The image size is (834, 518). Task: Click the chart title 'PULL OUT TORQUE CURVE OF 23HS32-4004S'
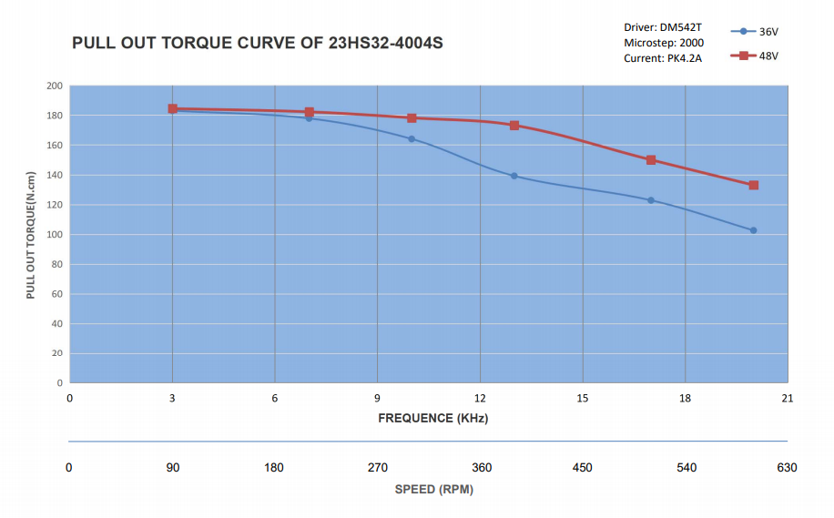pos(257,44)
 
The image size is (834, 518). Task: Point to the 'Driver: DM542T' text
pos(662,27)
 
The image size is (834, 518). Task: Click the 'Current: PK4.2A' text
pos(663,58)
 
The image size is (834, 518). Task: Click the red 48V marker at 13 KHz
pos(514,126)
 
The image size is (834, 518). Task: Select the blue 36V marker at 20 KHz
pos(754,230)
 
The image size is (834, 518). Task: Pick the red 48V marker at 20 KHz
pos(754,186)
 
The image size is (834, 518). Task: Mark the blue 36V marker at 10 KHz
pos(412,139)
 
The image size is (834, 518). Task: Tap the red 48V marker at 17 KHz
pos(651,160)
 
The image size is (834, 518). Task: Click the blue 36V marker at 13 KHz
pos(514,176)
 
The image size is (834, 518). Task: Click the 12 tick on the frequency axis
pos(480,398)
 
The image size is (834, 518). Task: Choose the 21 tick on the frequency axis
pos(788,398)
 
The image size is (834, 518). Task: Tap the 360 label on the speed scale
pos(482,468)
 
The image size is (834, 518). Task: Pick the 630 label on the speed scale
pos(788,468)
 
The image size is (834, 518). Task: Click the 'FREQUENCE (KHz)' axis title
pos(433,418)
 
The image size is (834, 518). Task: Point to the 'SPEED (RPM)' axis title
pos(433,489)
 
